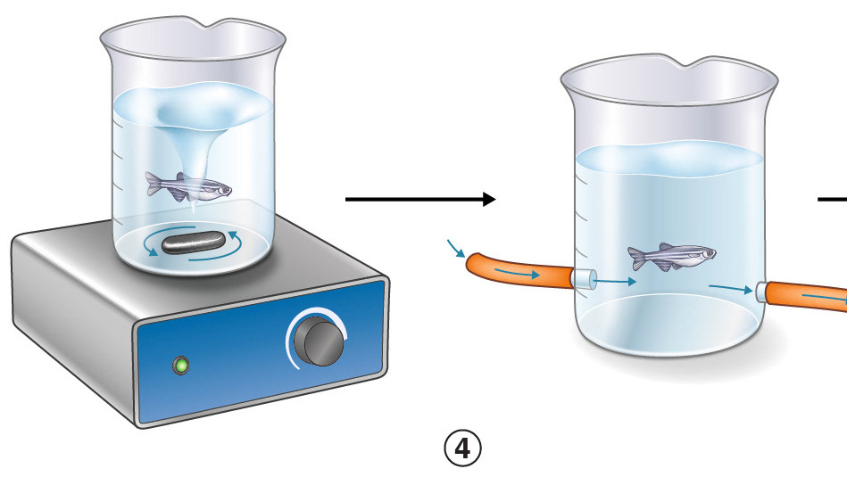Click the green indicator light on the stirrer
[183, 365]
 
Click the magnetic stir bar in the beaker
[197, 241]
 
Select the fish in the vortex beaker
[187, 186]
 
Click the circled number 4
[462, 448]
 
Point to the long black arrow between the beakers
[419, 201]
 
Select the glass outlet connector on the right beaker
[761, 292]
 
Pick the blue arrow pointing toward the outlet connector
[730, 288]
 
